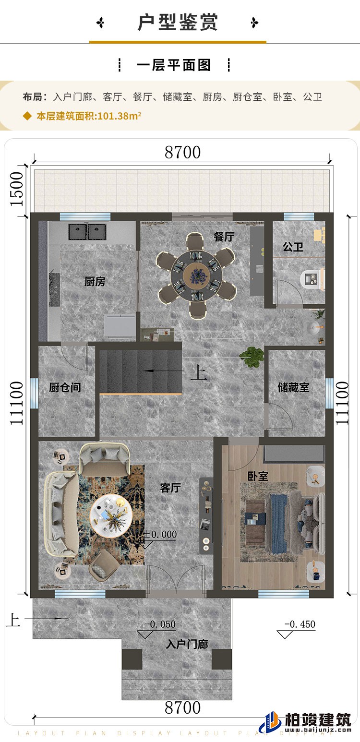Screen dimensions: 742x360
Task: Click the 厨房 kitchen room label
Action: pyautogui.click(x=95, y=282)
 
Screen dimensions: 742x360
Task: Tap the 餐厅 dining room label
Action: pyautogui.click(x=224, y=236)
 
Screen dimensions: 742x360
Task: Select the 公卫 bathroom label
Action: pyautogui.click(x=293, y=247)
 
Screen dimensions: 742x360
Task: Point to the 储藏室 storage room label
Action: pyautogui.click(x=293, y=387)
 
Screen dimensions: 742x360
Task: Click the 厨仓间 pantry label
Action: pyautogui.click(x=65, y=387)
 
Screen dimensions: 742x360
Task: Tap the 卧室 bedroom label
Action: pyautogui.click(x=258, y=476)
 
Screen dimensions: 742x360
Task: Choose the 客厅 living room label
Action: pyautogui.click(x=170, y=488)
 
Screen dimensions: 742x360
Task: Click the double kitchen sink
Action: pyautogui.click(x=87, y=232)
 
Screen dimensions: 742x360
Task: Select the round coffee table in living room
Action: pyautogui.click(x=111, y=515)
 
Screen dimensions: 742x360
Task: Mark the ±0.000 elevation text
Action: pyautogui.click(x=160, y=534)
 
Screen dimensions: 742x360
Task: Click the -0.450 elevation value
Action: pyautogui.click(x=300, y=624)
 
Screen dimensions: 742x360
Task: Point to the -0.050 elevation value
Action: pyautogui.click(x=160, y=624)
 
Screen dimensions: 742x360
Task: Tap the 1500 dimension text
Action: pyautogui.click(x=17, y=189)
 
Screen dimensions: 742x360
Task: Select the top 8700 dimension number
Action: pyautogui.click(x=182, y=152)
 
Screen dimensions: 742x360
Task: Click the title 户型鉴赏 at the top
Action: pyautogui.click(x=178, y=23)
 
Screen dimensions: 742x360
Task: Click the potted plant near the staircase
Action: pyautogui.click(x=252, y=356)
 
